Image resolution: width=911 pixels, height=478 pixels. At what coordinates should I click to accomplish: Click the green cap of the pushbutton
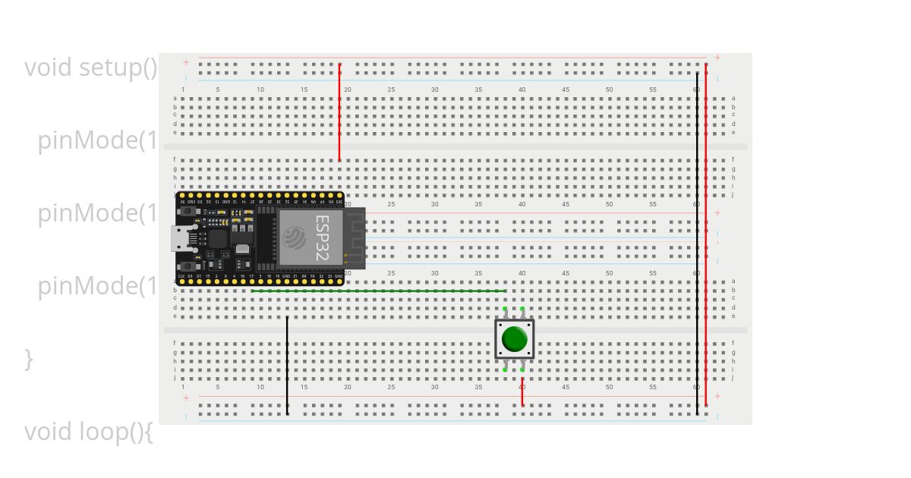(514, 339)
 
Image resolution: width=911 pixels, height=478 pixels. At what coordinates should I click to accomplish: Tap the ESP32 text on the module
(322, 237)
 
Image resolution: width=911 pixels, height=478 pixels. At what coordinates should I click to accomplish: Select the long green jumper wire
(380, 291)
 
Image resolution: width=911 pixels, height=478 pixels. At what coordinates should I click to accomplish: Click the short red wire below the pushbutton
(522, 391)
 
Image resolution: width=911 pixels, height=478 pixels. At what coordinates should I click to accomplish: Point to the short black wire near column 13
(287, 366)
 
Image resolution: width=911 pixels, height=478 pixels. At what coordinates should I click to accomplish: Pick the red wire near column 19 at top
(339, 114)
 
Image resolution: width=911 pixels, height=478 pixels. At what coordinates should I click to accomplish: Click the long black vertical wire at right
(697, 243)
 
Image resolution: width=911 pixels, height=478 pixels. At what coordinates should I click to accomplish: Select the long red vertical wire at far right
(706, 235)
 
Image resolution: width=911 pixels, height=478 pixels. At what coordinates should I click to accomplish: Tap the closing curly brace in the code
(29, 359)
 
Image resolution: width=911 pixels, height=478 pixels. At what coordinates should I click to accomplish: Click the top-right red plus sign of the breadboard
(717, 58)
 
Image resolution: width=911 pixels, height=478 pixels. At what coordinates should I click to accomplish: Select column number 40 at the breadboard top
(522, 90)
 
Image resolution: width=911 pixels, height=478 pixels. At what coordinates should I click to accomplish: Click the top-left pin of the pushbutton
(505, 309)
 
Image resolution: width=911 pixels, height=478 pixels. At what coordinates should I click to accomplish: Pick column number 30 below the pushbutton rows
(435, 388)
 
